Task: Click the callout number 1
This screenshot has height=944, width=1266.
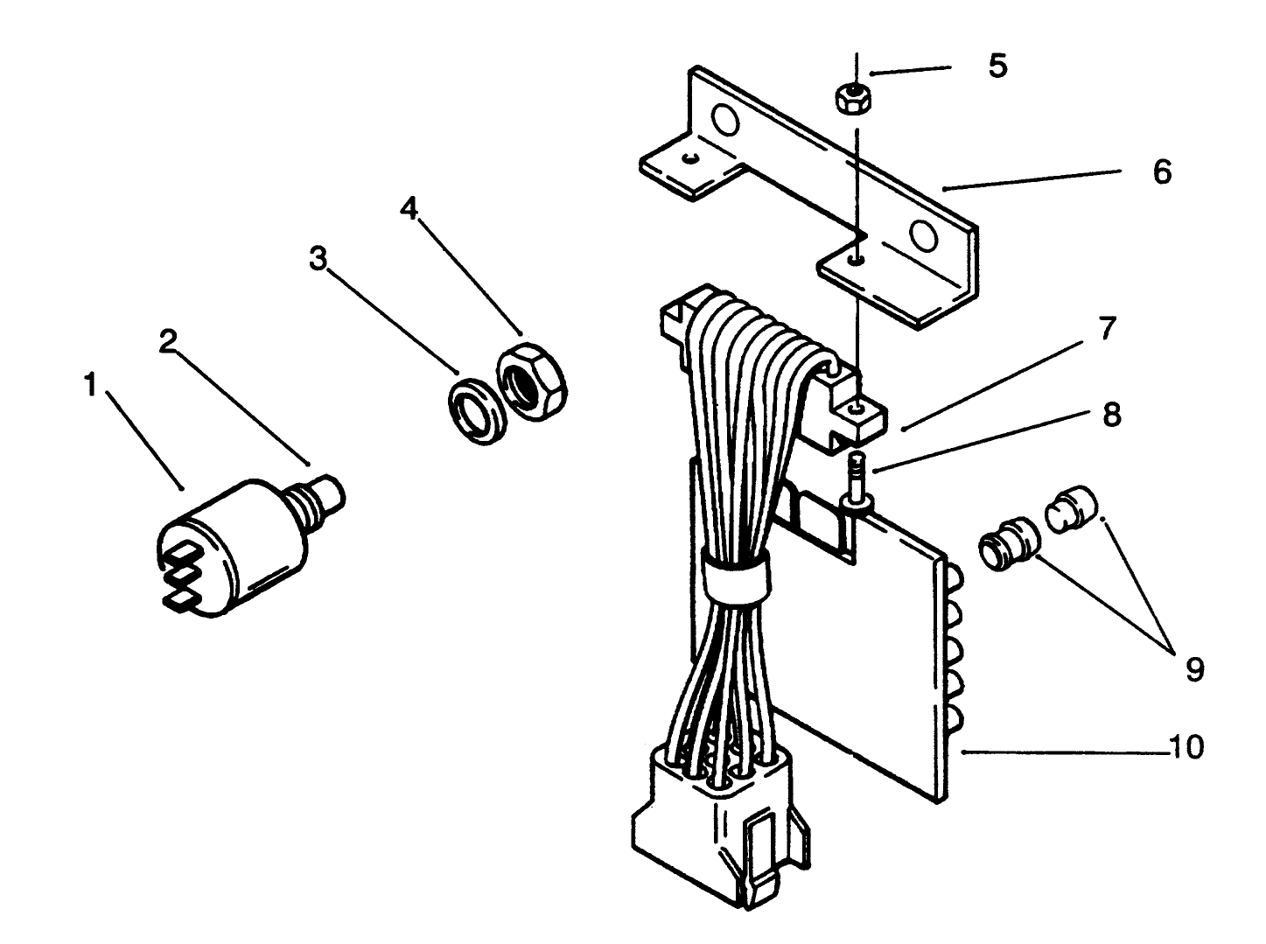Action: [x=89, y=385]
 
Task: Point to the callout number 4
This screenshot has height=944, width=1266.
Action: [x=408, y=208]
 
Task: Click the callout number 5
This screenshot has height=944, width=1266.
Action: [x=997, y=66]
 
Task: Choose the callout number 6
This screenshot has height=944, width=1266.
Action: [x=1161, y=172]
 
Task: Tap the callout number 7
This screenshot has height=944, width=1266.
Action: [x=1106, y=329]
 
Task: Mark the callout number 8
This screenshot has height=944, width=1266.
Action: [x=1111, y=415]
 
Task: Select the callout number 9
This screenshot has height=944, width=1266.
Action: [x=1195, y=669]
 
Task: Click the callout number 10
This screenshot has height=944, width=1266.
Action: [x=1186, y=747]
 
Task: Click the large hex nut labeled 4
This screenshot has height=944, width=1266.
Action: [x=533, y=382]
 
